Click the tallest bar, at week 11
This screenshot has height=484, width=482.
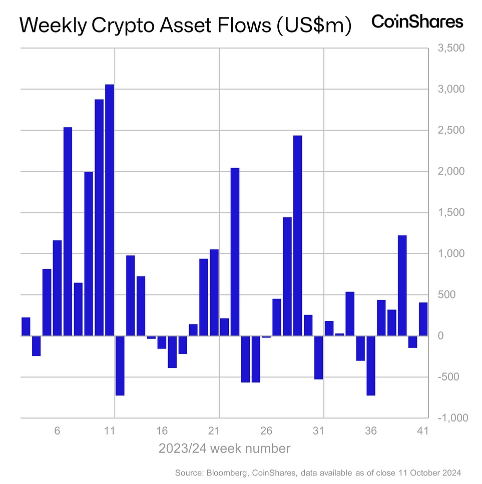pyautogui.click(x=110, y=210)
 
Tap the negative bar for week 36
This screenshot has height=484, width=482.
pyautogui.click(x=371, y=365)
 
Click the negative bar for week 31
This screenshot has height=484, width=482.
pyautogui.click(x=318, y=357)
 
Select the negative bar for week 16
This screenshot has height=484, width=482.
pyautogui.click(x=162, y=342)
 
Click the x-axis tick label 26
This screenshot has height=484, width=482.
pyautogui.click(x=266, y=430)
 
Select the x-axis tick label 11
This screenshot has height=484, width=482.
pyautogui.click(x=110, y=430)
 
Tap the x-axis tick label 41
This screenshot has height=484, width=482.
pyautogui.click(x=423, y=430)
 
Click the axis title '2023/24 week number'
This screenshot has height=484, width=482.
pyautogui.click(x=224, y=448)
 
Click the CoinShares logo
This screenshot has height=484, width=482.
pyautogui.click(x=417, y=22)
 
